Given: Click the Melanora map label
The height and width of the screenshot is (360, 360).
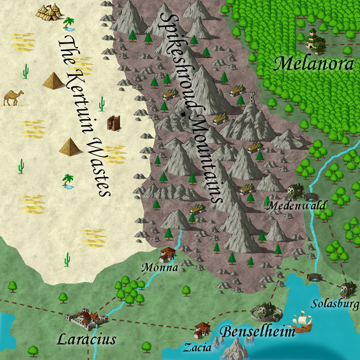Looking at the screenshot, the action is tap(314, 64).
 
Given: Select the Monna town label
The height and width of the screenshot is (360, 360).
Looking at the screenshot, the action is tap(159, 268).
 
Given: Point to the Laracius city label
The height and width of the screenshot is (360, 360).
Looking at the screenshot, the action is tap(86, 339).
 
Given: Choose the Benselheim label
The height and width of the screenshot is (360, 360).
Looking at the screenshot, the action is tap(258, 331).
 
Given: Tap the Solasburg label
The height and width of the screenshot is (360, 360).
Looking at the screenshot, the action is tap(334, 304).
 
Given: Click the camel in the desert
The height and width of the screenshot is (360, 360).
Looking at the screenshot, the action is tap(13, 97).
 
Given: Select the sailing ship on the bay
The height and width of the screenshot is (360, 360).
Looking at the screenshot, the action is tap(302, 323).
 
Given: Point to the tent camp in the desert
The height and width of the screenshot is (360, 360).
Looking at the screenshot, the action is tap(49, 12).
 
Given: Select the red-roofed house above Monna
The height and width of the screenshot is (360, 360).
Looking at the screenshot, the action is tap(167, 254).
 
